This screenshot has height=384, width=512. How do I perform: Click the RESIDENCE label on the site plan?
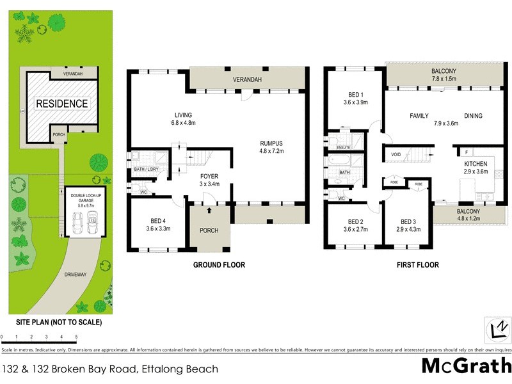point(61,103)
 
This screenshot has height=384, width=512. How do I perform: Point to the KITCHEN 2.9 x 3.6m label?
point(476,168)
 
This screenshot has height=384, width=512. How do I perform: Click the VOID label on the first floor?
point(396,154)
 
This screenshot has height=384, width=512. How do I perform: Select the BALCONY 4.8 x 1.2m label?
point(468,214)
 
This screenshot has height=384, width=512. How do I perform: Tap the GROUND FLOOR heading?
point(220,264)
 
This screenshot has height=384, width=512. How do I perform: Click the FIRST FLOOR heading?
point(417,264)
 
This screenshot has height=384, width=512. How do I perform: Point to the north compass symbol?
point(496,329)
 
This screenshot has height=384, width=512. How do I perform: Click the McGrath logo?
point(466,366)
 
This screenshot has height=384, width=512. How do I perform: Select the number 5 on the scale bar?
point(76,336)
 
